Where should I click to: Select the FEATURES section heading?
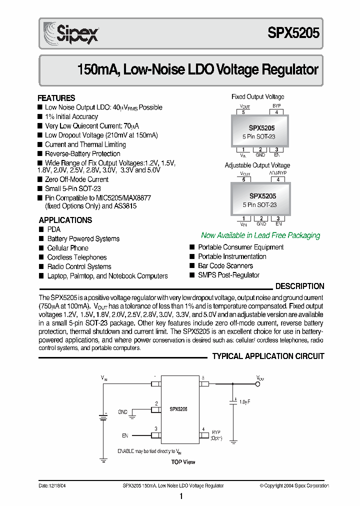pos(56,98)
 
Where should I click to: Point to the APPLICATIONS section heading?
pos(65,220)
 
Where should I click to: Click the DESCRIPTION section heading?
pos(300,286)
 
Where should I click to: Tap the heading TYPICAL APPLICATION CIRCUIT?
pos(268,356)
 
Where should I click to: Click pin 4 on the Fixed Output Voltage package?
pos(276,112)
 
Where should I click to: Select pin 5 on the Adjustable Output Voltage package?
pos(243,179)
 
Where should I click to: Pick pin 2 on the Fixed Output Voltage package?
pos(260,149)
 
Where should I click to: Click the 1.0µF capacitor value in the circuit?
pos(244,401)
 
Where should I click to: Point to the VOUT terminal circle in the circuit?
pos(258,384)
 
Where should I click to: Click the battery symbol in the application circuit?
pos(103,416)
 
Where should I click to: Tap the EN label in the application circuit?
pos(125,435)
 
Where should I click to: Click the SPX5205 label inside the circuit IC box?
pos(178,408)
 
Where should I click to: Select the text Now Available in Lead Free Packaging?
pos(260,235)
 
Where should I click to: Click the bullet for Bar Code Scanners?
pos(192,265)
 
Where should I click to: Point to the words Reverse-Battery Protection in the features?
pos(82,154)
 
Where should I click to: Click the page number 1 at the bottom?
pos(181,496)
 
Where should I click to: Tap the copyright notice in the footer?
pos(294,485)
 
